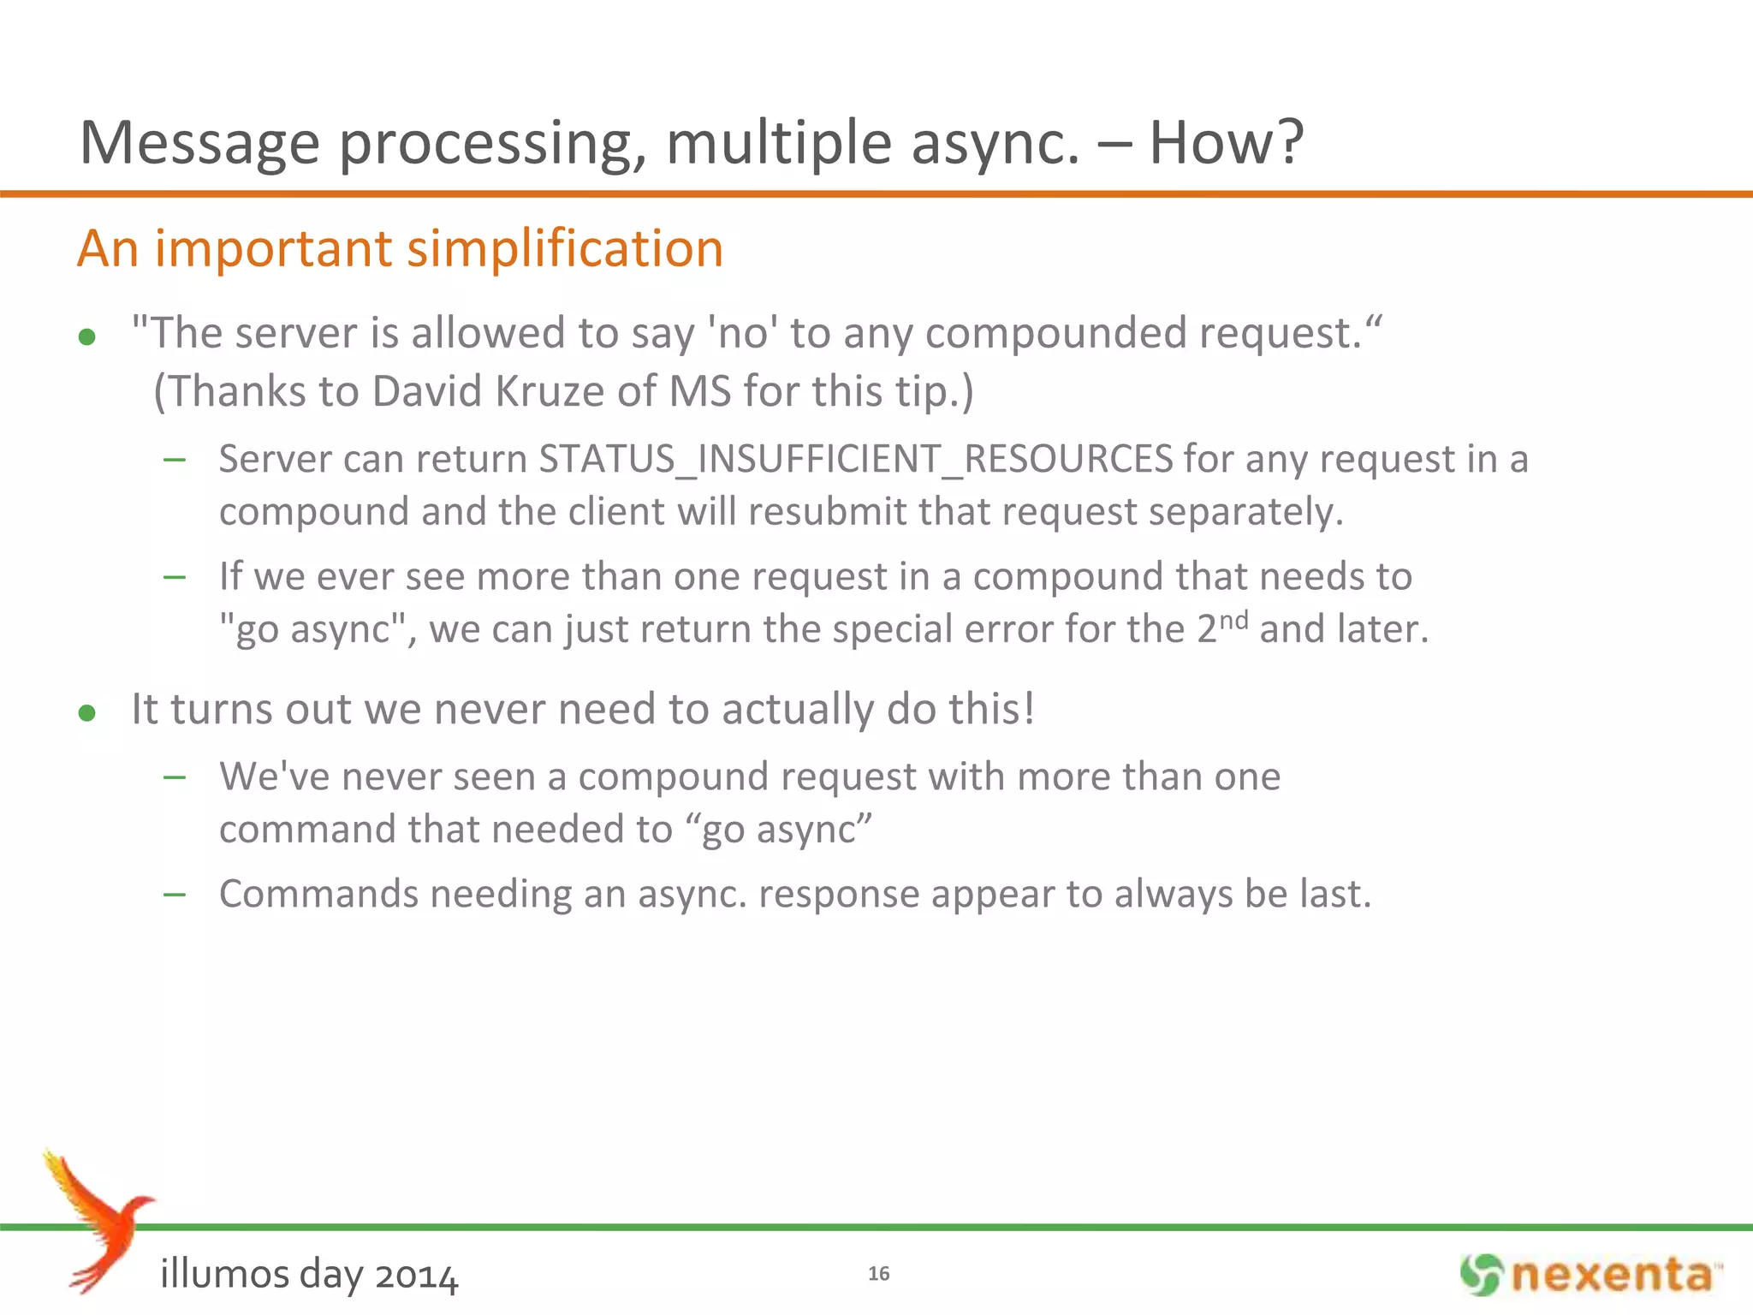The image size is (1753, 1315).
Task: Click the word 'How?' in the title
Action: [x=1225, y=143]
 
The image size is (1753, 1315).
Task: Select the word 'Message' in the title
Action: [x=199, y=143]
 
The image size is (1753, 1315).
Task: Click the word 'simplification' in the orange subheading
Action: [x=564, y=248]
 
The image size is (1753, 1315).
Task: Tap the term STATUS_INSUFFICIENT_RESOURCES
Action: [x=855, y=459]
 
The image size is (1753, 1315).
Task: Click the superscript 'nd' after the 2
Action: [x=1233, y=619]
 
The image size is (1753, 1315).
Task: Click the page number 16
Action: [x=878, y=1273]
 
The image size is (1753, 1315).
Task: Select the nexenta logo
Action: [x=1590, y=1275]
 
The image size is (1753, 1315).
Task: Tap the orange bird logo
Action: [x=98, y=1220]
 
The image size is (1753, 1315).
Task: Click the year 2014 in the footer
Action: [x=416, y=1276]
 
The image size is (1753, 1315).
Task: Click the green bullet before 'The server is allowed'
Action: [x=86, y=337]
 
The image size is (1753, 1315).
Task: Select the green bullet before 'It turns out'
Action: [x=86, y=712]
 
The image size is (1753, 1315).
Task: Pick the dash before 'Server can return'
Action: [x=175, y=460]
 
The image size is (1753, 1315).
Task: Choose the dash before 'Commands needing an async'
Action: [x=175, y=895]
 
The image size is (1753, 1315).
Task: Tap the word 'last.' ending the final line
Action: [x=1335, y=894]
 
